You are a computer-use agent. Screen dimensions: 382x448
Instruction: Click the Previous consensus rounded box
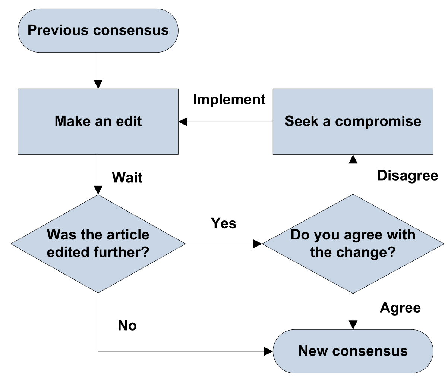click(x=98, y=31)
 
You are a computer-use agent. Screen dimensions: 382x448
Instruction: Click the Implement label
click(x=229, y=100)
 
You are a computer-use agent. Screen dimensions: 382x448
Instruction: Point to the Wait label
click(x=127, y=178)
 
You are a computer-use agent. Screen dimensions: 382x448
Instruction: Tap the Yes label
click(x=224, y=223)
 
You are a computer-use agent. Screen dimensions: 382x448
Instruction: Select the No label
click(x=127, y=325)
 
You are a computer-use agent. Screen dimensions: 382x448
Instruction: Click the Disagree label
click(x=407, y=175)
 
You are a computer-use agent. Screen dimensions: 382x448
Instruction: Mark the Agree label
click(x=400, y=308)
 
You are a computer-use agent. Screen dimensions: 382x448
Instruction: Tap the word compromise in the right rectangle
click(x=378, y=121)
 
